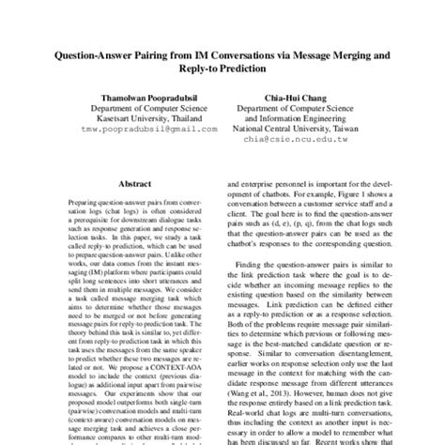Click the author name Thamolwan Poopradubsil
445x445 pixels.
click(x=141, y=97)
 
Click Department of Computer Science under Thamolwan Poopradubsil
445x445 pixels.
click(x=141, y=108)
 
